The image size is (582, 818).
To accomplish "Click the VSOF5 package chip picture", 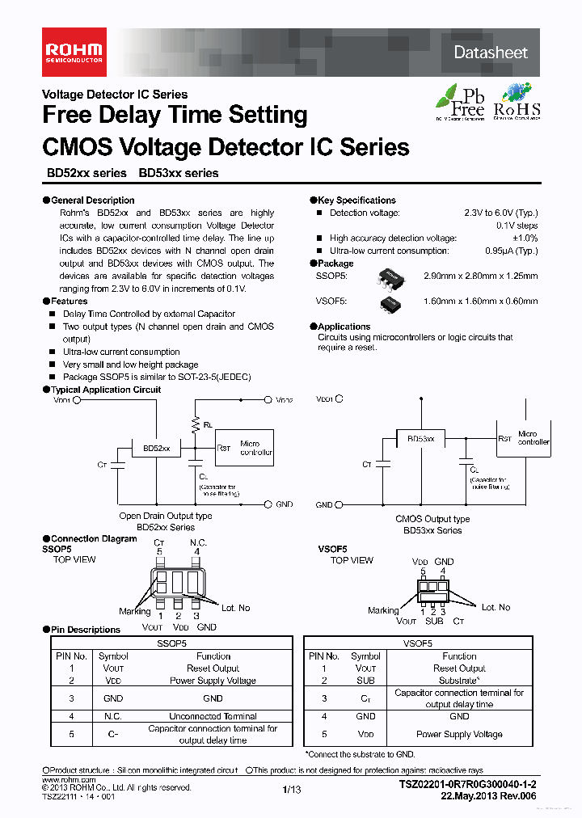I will (x=391, y=302).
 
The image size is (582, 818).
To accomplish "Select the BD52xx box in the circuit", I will (x=156, y=448).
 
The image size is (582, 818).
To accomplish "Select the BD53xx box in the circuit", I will (x=420, y=438).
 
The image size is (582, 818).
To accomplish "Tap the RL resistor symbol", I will (x=194, y=423).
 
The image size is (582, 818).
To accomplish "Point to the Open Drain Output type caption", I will (x=166, y=516).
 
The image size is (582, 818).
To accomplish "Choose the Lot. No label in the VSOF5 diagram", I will (x=496, y=607).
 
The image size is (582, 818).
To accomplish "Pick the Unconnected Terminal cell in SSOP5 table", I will (x=213, y=716).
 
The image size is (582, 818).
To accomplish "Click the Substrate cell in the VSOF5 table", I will (x=459, y=681).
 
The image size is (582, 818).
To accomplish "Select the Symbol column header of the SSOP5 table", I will (x=113, y=656).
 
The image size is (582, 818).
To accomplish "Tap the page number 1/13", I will (x=291, y=790).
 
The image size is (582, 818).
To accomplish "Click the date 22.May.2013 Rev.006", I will (x=489, y=795).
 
